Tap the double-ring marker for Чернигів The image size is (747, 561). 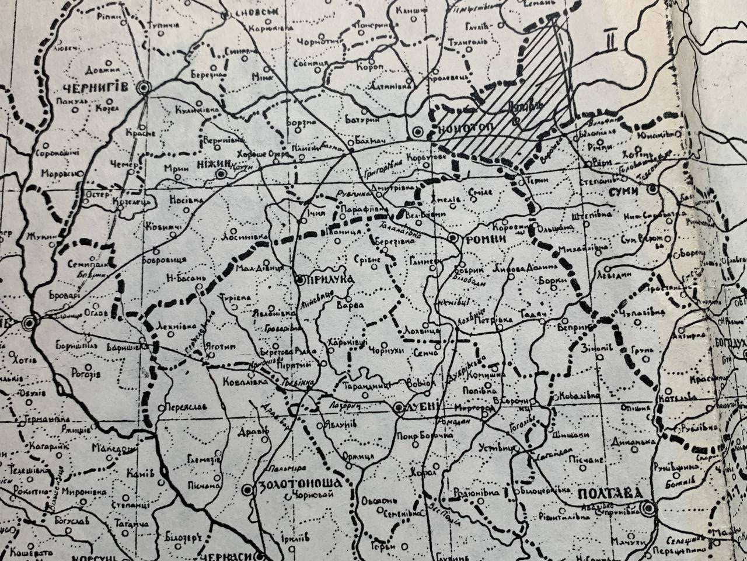click(x=143, y=88)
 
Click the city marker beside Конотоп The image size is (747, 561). click(x=417, y=131)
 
